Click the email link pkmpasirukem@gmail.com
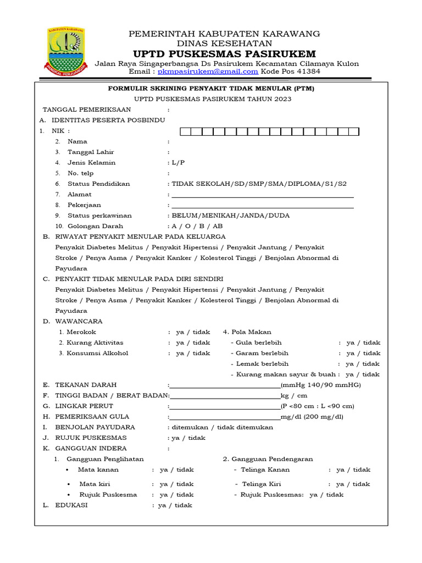click(x=208, y=71)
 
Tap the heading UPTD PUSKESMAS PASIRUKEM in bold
click(x=225, y=53)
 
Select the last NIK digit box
click(x=353, y=131)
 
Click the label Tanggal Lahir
click(x=91, y=152)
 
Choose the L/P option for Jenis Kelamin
click(x=179, y=163)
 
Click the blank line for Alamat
click(x=263, y=195)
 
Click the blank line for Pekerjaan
click(x=263, y=206)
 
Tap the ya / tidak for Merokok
click(x=193, y=332)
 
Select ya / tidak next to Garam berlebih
click(x=363, y=354)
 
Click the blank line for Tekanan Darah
click(x=225, y=386)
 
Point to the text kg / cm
click(x=294, y=396)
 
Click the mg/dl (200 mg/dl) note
click(x=312, y=417)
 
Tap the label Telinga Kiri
click(x=261, y=484)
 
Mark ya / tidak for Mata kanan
click(x=176, y=470)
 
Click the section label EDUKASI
click(x=71, y=505)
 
